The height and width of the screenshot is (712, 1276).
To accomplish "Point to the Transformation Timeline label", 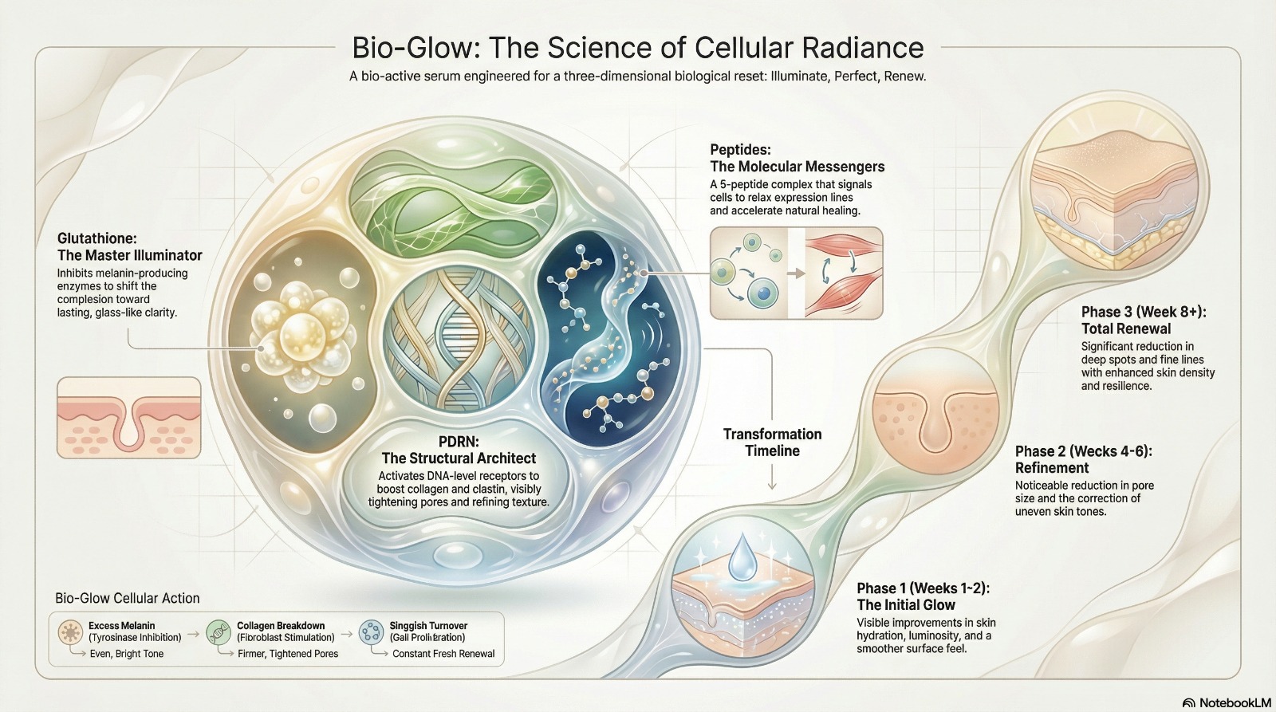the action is tap(773, 443).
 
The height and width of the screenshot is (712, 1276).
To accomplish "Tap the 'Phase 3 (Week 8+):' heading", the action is tap(1144, 312).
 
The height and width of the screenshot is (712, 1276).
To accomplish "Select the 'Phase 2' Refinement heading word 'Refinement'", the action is tap(1052, 468).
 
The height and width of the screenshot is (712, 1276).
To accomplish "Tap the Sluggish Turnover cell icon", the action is tap(372, 633).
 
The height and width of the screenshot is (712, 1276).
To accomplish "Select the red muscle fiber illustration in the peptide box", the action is tap(843, 273).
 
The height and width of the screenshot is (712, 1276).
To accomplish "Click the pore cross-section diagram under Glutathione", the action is tap(128, 418).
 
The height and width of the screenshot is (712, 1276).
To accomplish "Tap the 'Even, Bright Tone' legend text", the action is tap(127, 654).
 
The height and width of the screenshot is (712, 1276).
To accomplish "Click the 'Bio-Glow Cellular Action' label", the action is tap(128, 598).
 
